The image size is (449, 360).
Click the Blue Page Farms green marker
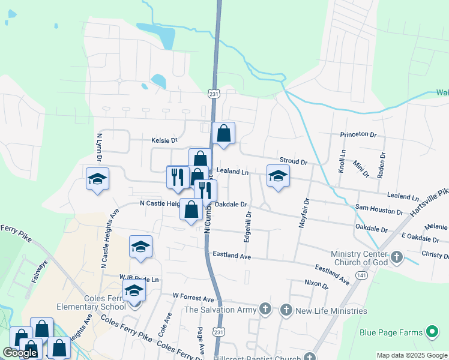(432, 332)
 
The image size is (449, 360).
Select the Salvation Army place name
(221, 310)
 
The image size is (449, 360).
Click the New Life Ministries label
(331, 310)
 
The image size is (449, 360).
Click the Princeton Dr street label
(358, 135)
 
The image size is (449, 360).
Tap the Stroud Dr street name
(293, 161)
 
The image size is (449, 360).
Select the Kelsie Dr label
(166, 140)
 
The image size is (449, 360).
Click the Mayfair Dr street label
(303, 213)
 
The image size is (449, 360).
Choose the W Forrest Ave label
(193, 298)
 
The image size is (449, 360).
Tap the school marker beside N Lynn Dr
(97, 179)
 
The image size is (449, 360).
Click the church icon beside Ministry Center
(396, 257)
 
